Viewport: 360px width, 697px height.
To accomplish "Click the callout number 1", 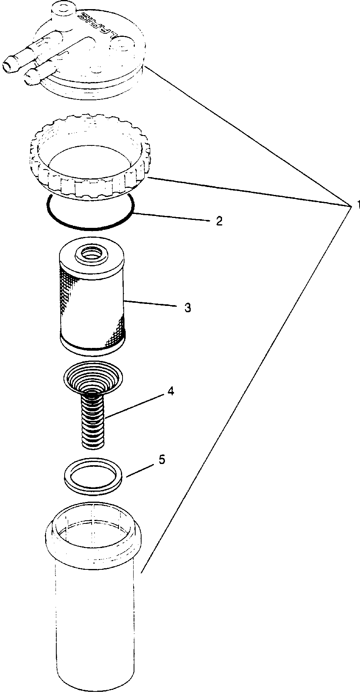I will (356, 205).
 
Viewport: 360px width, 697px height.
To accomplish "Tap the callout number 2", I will (218, 221).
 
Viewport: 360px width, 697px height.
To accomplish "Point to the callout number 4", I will (170, 391).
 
